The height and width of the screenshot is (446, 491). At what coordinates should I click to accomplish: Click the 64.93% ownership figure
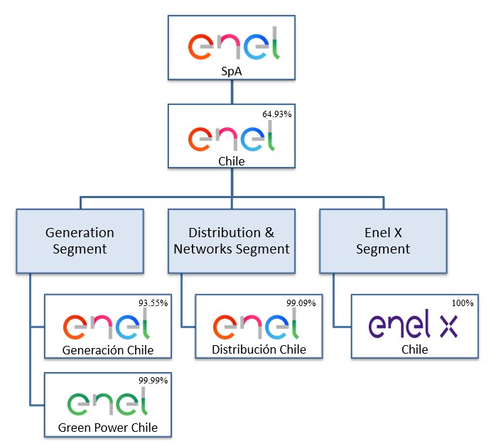pos(277,114)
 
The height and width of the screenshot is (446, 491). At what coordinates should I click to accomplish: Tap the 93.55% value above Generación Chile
pos(153,303)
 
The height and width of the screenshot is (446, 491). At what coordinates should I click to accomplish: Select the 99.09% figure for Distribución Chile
pos(301,303)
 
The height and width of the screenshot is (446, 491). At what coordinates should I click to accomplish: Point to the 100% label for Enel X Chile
pos(463,303)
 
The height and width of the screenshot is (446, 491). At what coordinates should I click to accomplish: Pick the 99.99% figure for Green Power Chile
pos(153,381)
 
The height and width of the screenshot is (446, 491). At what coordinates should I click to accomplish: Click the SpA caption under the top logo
pos(232,71)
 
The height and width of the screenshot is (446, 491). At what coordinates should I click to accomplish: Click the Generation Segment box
pos(80,241)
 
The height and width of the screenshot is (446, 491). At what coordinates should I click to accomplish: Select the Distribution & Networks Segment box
pos(232,241)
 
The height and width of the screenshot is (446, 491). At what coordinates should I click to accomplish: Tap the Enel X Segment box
pos(383,241)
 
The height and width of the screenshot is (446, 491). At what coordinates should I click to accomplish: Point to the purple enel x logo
pos(413,325)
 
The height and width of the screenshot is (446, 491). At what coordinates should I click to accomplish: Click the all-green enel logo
pos(107,401)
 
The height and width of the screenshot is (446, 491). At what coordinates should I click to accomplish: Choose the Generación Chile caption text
pos(108,350)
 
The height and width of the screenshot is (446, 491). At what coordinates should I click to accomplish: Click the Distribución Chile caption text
pos(259,349)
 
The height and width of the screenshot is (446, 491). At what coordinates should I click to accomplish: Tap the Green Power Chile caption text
pos(108,428)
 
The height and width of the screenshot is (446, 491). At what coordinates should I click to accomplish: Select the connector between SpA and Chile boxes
pos(232,92)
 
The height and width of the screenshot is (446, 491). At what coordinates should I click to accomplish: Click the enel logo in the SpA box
pos(234,43)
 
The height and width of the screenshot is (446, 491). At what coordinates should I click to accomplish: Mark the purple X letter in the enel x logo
pos(449,327)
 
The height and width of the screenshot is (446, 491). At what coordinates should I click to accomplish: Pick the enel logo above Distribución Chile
pos(256,324)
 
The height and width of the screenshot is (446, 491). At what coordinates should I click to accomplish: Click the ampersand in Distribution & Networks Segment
pos(269,233)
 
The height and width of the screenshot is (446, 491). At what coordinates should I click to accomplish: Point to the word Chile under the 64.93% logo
pos(232,161)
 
